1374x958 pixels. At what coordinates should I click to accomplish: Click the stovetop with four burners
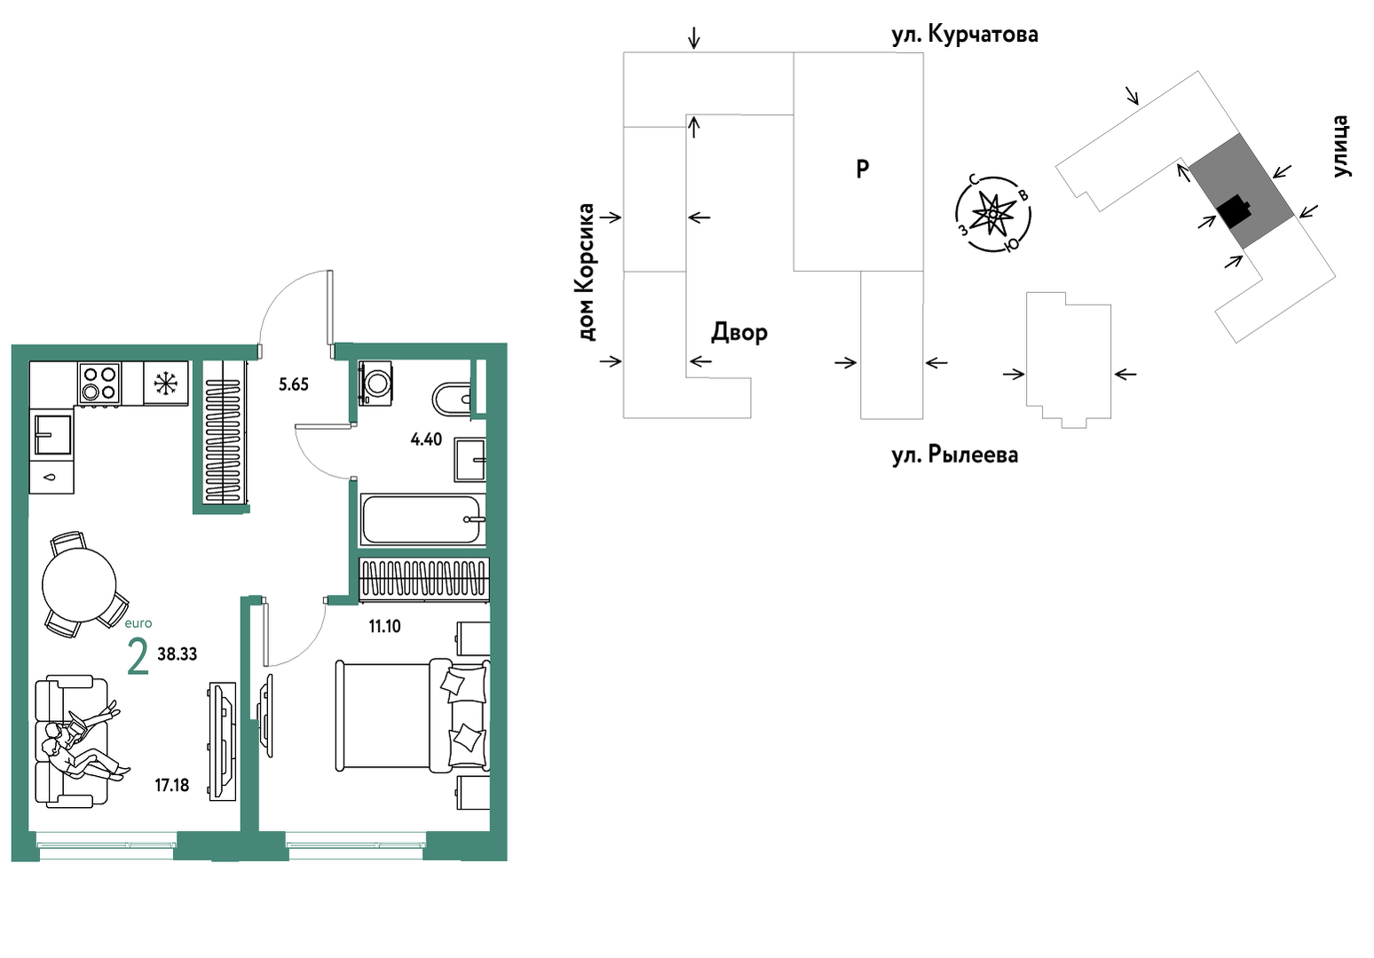tap(99, 383)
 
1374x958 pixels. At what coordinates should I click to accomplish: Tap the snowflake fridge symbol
tap(165, 383)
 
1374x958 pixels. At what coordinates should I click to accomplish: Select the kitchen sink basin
tap(52, 434)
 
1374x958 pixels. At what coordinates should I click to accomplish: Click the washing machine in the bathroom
tap(375, 383)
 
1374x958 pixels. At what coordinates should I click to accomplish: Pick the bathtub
tap(422, 519)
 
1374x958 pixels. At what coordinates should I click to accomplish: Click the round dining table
tap(79, 585)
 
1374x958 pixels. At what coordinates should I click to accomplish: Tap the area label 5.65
tap(293, 384)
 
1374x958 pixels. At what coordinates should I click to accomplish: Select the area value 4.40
tap(426, 439)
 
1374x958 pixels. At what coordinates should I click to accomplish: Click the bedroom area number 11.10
tap(384, 626)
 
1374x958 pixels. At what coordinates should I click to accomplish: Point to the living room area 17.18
tap(172, 785)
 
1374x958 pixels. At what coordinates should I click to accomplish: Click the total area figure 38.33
tap(178, 653)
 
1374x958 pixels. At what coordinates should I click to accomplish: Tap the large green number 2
tap(138, 657)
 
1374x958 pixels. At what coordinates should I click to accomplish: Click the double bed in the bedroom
tap(413, 716)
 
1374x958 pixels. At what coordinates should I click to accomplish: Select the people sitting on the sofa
tap(86, 744)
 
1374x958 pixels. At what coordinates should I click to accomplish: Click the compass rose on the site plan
tap(993, 214)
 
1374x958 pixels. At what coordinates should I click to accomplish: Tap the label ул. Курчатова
tap(965, 35)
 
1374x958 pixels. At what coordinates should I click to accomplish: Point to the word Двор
tap(739, 333)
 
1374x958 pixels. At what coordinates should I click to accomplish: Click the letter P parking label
tap(863, 168)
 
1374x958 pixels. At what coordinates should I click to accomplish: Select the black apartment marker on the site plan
tap(1234, 211)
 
